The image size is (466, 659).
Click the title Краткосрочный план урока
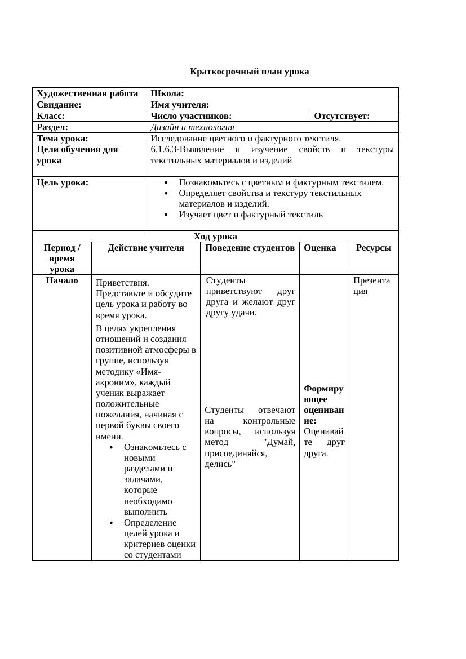click(249, 72)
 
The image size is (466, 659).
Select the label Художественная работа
click(87, 93)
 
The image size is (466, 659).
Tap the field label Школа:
click(167, 93)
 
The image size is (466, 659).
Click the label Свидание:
click(59, 105)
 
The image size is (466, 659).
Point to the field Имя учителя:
click(180, 105)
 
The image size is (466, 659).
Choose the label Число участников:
click(191, 116)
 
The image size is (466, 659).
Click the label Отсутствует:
click(341, 116)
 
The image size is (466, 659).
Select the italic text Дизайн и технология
click(192, 127)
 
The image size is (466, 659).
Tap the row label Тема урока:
click(63, 139)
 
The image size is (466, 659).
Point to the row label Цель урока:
click(63, 182)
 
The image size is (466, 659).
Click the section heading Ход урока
click(215, 237)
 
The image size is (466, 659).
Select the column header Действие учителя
click(146, 248)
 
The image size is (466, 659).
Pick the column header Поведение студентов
click(250, 248)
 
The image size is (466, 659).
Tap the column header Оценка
click(319, 248)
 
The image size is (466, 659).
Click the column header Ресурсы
click(373, 248)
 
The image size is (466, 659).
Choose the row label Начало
click(62, 280)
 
